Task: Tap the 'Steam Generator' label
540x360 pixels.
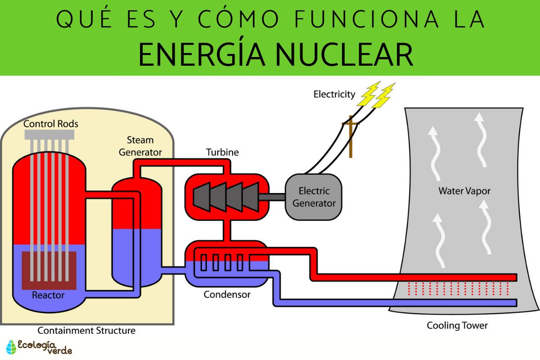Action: tap(140, 146)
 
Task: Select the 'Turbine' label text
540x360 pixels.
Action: tap(222, 152)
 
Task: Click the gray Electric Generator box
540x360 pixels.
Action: tap(314, 197)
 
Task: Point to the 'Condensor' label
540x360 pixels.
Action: tap(227, 295)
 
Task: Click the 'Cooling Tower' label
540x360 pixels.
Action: tap(457, 325)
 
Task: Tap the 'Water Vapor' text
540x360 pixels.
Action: tap(464, 191)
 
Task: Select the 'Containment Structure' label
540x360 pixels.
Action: tap(86, 331)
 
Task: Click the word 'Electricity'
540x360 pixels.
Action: tap(334, 94)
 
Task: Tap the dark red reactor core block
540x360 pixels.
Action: tap(49, 270)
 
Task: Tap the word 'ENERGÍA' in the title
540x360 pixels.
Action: tap(195, 54)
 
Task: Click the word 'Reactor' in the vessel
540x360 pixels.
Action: tap(48, 296)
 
